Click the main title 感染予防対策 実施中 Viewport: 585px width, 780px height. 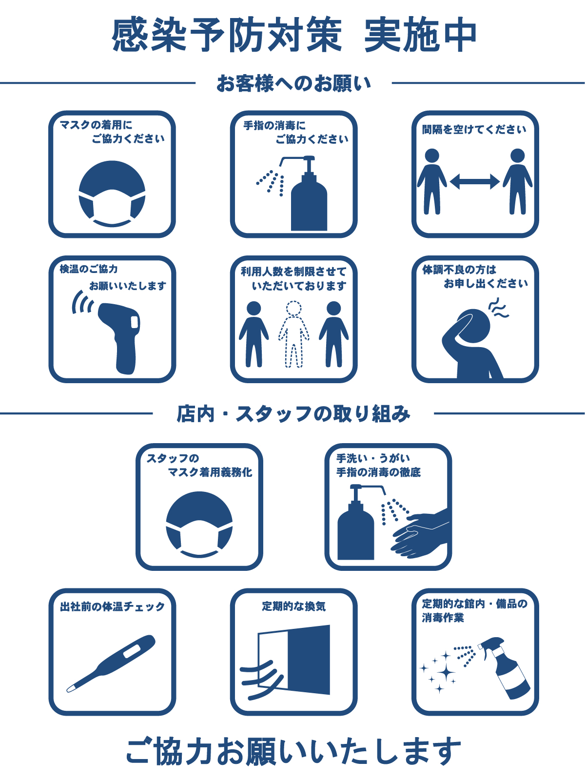point(294,35)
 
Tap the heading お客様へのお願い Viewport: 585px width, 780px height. point(293,84)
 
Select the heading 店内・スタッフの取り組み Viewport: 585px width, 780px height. point(293,414)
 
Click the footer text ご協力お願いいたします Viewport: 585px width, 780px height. point(293,751)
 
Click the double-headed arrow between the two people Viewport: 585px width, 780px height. point(474,182)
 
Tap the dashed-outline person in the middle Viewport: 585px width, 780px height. point(293,334)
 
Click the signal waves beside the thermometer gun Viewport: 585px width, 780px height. point(82,303)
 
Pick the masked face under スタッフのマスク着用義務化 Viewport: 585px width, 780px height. point(199,525)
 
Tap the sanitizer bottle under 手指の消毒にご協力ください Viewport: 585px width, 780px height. point(308,200)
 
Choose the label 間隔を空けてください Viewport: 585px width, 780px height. point(474,130)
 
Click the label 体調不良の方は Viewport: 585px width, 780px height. point(459,270)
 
